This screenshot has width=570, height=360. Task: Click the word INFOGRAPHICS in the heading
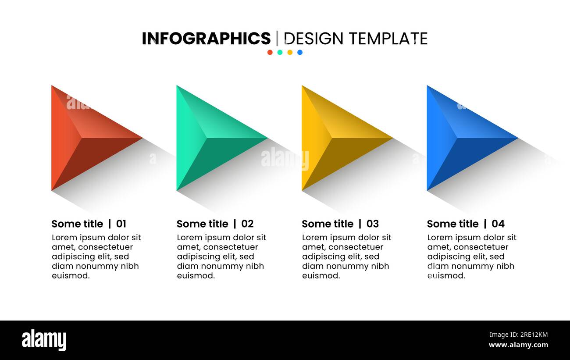(206, 39)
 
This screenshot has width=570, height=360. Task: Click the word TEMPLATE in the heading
(388, 39)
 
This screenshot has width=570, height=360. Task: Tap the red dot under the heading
(270, 52)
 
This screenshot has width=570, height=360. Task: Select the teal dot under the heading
(280, 52)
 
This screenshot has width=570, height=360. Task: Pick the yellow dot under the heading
(290, 52)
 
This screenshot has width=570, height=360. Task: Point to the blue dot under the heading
(300, 52)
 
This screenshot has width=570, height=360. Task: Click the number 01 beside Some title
(121, 224)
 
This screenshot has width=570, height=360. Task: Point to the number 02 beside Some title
(247, 224)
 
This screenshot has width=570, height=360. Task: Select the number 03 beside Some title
(372, 224)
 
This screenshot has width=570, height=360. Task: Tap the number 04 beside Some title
(498, 224)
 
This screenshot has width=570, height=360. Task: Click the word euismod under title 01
(71, 276)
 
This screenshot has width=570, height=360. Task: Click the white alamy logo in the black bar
(44, 340)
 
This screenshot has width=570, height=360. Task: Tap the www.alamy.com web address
(518, 345)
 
